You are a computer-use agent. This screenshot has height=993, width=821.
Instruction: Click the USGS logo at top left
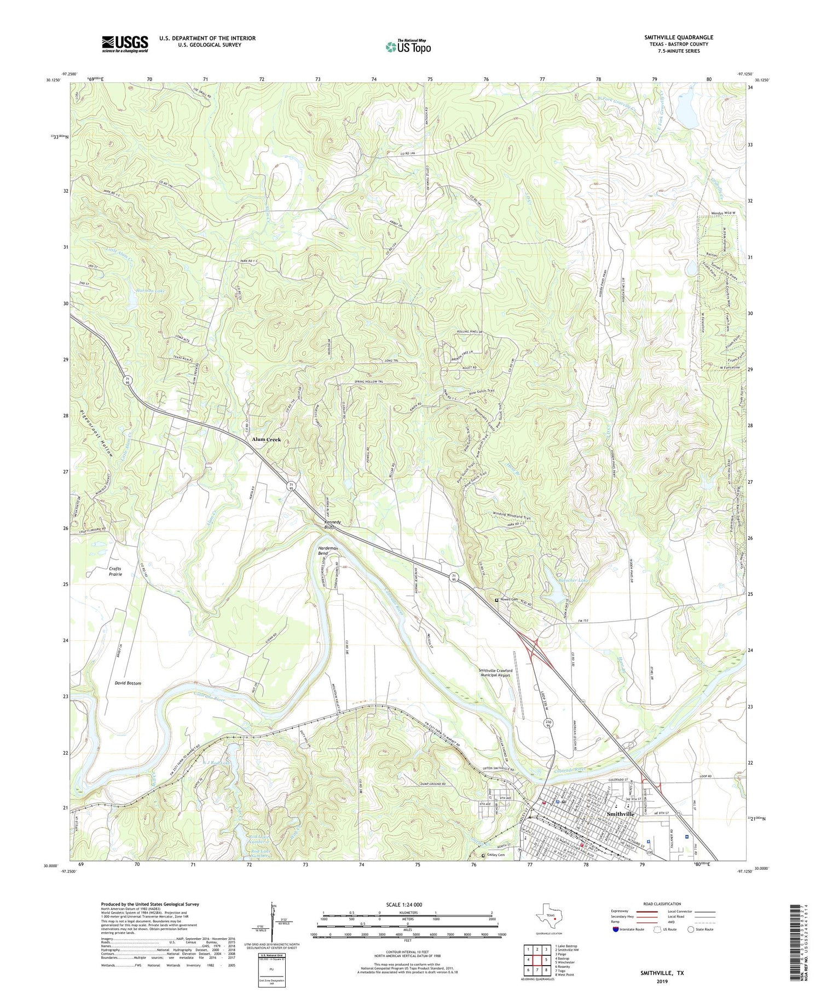point(125,44)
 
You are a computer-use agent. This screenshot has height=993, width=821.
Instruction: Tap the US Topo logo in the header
point(408,47)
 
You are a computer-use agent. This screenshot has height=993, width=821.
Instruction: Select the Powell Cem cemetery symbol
point(497,600)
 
